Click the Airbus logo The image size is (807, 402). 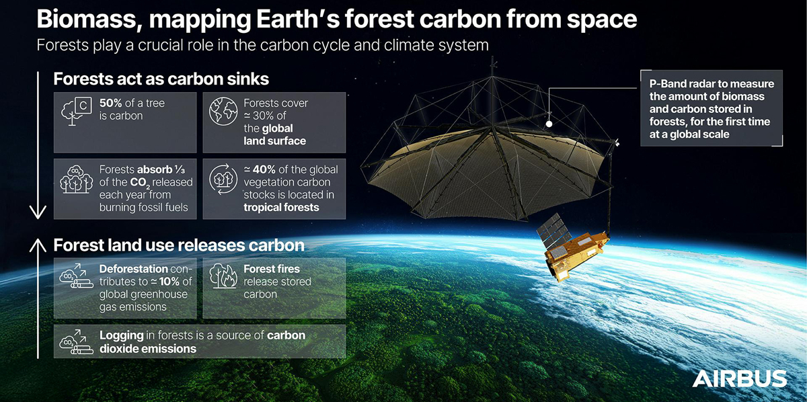point(739,378)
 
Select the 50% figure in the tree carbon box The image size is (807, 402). point(110,103)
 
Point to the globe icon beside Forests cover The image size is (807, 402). point(223,112)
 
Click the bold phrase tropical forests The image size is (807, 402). point(281,207)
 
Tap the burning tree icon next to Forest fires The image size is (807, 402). point(223,276)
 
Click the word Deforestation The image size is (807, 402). point(133,269)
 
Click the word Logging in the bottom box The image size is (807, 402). point(122,335)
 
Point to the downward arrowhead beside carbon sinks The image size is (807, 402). point(38,212)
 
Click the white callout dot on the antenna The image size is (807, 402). point(549,124)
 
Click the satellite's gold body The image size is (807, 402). point(576,255)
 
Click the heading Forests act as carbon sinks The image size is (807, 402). point(161,79)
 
